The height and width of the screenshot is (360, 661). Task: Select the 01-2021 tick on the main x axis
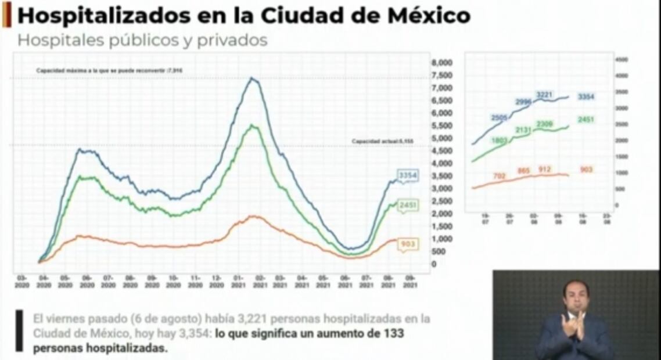237,282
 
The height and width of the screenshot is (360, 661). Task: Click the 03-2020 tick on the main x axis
21,282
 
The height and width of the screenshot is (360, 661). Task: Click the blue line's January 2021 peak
252,78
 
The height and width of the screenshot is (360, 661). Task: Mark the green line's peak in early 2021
253,125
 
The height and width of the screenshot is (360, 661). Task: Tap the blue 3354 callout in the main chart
408,175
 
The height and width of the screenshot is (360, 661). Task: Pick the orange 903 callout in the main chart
408,244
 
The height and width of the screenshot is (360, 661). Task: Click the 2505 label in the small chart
499,118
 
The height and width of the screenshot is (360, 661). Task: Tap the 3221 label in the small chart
544,94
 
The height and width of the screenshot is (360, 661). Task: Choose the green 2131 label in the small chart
524,130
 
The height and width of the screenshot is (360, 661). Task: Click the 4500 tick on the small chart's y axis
621,59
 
